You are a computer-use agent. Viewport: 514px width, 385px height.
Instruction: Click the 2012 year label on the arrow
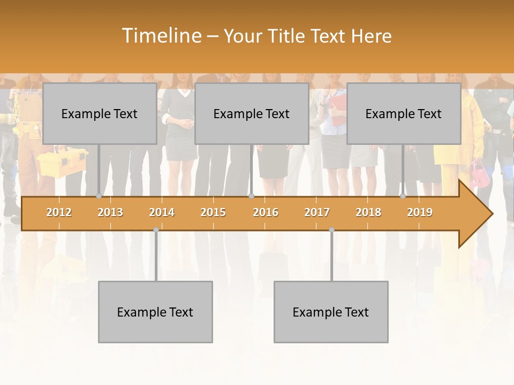pos(59,212)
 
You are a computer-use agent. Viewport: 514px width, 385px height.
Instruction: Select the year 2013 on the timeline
pos(110,212)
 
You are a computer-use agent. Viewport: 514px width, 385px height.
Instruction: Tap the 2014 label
pos(162,212)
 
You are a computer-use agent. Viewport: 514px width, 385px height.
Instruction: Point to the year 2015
pos(213,212)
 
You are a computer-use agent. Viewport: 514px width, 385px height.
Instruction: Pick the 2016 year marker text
pos(266,212)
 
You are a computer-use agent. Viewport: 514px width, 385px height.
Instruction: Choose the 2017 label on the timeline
pos(317,212)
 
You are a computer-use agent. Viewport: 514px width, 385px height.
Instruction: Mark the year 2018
pos(368,212)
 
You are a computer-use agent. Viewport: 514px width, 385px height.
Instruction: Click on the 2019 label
pos(420,212)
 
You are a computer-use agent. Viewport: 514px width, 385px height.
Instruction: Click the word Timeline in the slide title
pos(161,36)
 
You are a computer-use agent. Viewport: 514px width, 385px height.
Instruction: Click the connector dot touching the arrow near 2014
pos(156,230)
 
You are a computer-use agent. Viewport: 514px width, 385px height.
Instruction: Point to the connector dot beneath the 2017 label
pos(331,230)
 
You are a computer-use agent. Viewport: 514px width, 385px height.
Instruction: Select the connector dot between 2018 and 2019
pos(403,196)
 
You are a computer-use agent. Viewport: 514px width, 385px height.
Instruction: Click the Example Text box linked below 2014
pos(155,312)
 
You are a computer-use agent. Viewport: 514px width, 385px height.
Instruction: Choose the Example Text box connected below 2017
pos(331,312)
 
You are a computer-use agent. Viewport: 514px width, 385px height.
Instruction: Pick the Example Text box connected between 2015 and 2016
pos(252,113)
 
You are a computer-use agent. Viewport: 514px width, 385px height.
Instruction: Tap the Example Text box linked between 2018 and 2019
pos(404,113)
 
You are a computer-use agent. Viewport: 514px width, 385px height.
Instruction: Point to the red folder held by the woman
pos(338,110)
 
